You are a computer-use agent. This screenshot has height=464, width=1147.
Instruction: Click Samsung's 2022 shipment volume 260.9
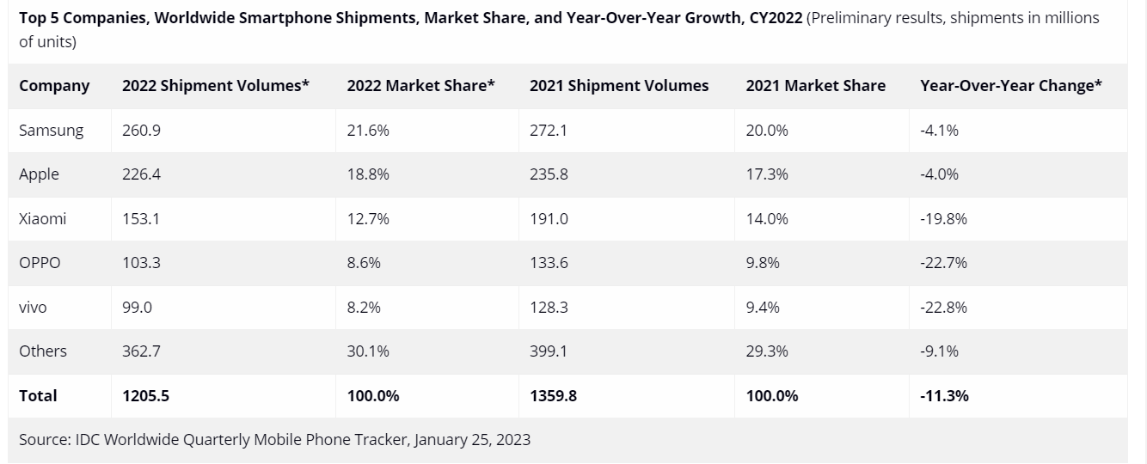point(141,131)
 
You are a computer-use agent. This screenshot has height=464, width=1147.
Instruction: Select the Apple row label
point(39,174)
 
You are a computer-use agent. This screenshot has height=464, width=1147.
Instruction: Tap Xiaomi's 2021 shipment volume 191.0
point(549,218)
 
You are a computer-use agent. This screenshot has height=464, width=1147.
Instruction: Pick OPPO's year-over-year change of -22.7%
point(943,263)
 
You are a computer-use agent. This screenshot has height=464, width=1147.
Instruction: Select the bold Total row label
point(38,395)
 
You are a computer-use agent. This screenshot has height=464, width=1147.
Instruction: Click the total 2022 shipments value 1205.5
point(146,395)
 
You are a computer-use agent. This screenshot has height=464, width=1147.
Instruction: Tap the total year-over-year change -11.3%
point(944,395)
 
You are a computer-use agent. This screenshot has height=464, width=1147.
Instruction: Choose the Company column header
point(54,86)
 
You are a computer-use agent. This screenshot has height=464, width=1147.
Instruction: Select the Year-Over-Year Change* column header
point(1010,86)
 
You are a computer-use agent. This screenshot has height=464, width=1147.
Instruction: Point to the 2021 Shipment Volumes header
point(619,86)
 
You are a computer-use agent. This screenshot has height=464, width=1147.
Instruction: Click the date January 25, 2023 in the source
point(472,440)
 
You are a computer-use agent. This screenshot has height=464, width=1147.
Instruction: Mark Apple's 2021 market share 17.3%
point(767,174)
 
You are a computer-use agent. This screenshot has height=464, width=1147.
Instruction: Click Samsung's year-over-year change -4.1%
point(939,131)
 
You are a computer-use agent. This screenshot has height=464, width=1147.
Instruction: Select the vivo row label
point(33,307)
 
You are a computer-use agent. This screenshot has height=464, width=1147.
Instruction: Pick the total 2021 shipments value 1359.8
point(554,395)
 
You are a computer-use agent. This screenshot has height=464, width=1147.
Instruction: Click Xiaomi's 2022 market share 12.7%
point(368,218)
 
